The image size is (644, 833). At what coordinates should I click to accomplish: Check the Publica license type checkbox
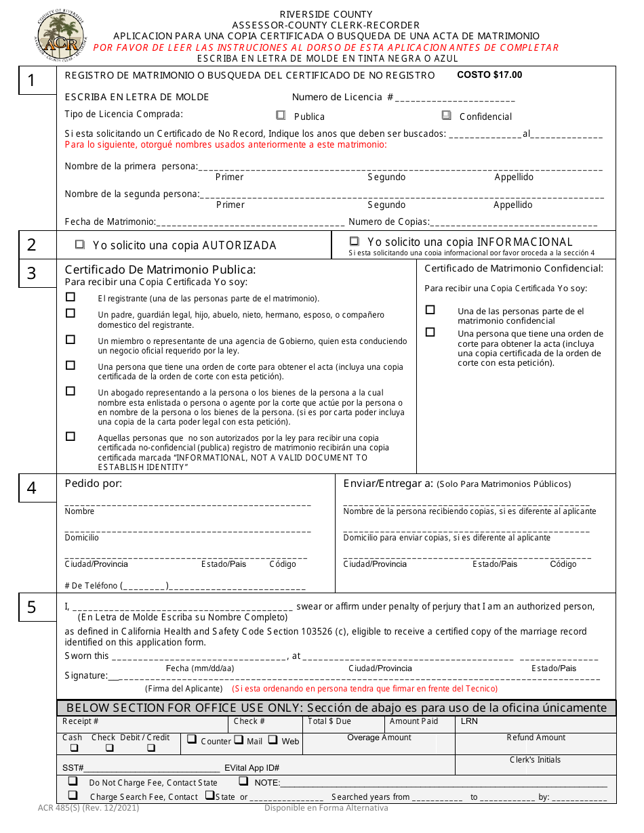coord(281,116)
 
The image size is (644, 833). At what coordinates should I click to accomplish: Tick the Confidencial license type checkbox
coord(446,116)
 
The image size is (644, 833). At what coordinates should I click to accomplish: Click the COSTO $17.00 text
coord(489,75)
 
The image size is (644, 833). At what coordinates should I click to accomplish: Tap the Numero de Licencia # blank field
coord(448,98)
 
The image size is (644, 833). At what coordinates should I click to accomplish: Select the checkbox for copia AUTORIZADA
coord(80,244)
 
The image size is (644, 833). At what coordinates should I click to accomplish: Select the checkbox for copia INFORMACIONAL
coord(354,241)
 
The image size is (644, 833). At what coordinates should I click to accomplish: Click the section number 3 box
coord(32,274)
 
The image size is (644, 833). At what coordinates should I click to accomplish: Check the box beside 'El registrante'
coord(71,297)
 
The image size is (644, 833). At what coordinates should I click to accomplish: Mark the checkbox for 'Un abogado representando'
coord(71,391)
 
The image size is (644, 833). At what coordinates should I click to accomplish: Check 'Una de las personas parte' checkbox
coord(430,310)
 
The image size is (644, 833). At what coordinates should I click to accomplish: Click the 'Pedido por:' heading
coord(94,484)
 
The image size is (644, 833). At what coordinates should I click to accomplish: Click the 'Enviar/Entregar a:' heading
coord(388,484)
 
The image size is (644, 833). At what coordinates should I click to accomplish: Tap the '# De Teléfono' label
coord(91,586)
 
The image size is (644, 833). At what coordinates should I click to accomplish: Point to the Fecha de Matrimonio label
coord(110,221)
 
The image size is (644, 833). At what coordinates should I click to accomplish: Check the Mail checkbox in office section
coord(239,740)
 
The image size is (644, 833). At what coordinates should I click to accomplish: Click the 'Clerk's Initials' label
coord(535,760)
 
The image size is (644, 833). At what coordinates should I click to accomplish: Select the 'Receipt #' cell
coord(81,721)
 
